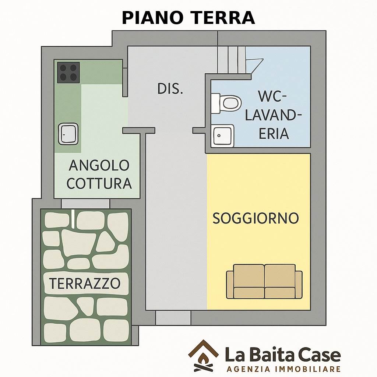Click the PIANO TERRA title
coord(188,18)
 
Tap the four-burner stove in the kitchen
coord(68,73)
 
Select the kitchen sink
coord(68,134)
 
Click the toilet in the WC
coord(226,103)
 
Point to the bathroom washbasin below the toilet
coord(223,136)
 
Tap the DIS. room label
coord(170,89)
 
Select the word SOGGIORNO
coord(256,218)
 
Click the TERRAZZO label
coord(85,283)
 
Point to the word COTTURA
coord(99,183)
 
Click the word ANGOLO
coord(99,165)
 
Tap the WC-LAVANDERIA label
coord(274,115)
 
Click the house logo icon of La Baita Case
coord(203,356)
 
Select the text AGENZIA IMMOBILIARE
coord(283,369)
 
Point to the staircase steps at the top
coord(232,60)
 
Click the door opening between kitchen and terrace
coord(85,204)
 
